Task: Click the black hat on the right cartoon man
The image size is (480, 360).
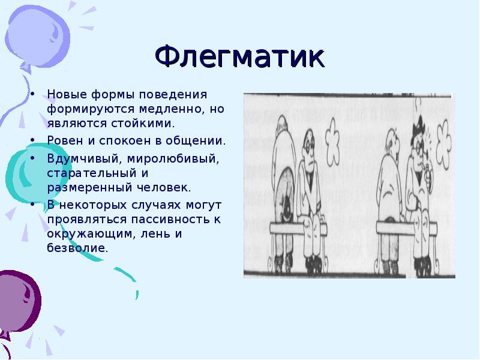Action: click(415, 125)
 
